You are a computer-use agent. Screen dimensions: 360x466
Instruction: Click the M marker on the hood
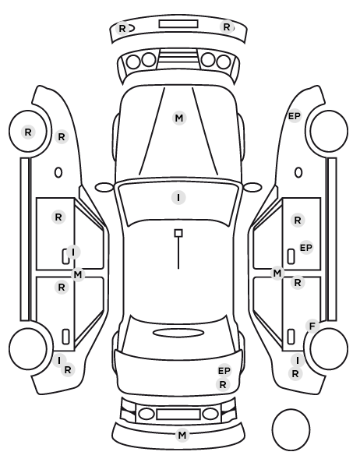coord(179,118)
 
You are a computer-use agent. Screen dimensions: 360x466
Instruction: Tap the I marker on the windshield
coord(178,198)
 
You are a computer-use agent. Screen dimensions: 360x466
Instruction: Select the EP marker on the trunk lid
coord(224,371)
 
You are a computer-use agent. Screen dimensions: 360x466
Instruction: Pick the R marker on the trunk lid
coord(223,385)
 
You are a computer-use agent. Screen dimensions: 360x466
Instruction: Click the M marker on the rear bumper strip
coord(182,436)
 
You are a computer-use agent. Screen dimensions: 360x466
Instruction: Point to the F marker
coord(312,327)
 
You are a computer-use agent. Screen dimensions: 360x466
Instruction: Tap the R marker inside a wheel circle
coord(28,132)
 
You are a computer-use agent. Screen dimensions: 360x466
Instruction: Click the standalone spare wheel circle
coord(291,429)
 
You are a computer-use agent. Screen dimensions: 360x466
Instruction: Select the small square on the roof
coord(178,233)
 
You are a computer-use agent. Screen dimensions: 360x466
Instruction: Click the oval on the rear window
coord(178,333)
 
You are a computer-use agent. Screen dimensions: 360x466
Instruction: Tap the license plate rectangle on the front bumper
coord(178,24)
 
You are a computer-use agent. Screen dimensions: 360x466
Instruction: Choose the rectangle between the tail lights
coord(178,414)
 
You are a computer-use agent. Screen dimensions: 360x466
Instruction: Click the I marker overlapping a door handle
coord(73,252)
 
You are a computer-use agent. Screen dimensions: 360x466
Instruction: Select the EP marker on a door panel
coord(306,248)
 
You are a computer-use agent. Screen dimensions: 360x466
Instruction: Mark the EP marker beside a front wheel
coord(295,116)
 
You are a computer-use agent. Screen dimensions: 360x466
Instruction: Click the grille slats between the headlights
coord(178,60)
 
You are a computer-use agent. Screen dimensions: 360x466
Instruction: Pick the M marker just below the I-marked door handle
coord(78,275)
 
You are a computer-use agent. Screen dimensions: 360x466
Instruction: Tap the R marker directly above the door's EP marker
coord(298,221)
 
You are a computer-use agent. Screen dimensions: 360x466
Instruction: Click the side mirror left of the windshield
coord(104,187)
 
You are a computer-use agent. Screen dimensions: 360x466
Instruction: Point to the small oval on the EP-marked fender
coord(298,172)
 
